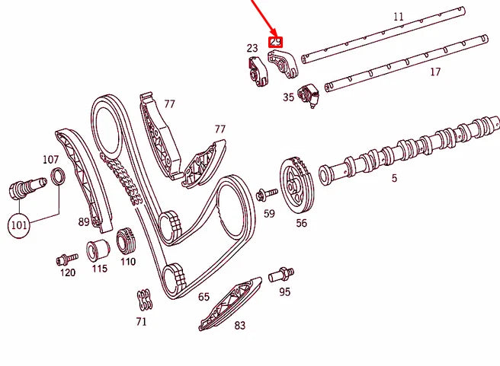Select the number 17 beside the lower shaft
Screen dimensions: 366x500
tap(435, 73)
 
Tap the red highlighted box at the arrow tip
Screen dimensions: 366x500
tap(277, 41)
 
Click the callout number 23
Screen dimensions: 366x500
tap(252, 49)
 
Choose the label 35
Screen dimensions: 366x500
tap(288, 97)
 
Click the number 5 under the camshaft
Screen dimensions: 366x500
tap(394, 179)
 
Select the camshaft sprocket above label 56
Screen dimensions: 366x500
tap(296, 185)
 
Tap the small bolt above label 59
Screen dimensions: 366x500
tap(266, 194)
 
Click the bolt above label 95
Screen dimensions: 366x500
tap(286, 271)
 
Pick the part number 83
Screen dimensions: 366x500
tap(240, 326)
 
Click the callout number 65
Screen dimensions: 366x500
tap(204, 298)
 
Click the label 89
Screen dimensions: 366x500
tap(84, 222)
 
